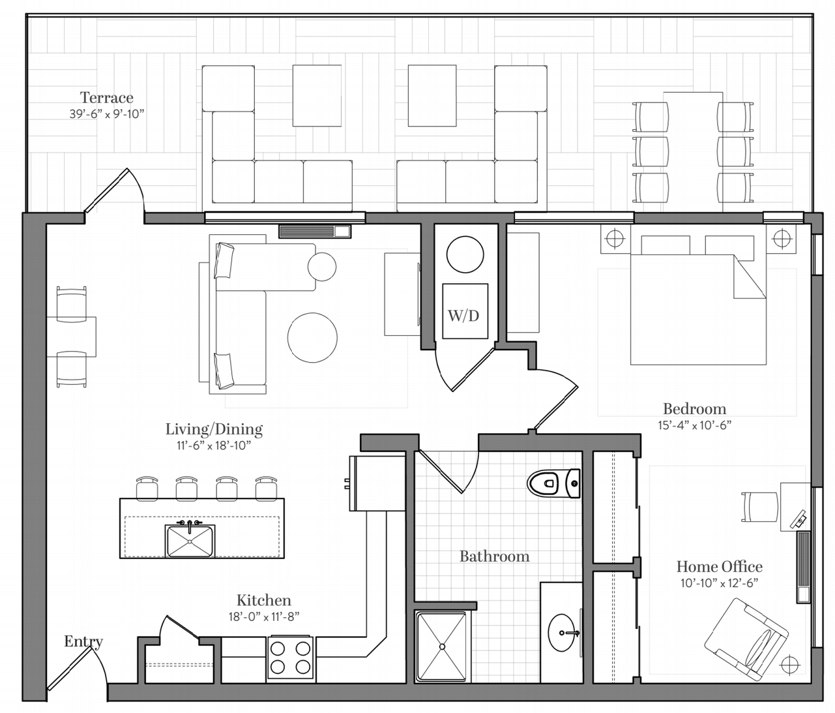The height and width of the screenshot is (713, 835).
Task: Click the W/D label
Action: [463, 316]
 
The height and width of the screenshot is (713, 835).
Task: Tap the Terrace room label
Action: [107, 97]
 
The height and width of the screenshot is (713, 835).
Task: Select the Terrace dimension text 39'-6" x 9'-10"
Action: [107, 114]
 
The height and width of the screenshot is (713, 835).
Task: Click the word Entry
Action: [83, 641]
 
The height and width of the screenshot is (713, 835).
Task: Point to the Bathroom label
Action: [495, 556]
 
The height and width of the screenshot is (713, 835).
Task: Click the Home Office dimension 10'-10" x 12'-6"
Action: [720, 583]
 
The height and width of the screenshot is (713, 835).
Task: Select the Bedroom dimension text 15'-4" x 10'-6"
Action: [694, 425]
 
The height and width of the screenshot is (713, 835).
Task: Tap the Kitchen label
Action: [264, 600]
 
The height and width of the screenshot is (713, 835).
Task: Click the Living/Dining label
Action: [214, 429]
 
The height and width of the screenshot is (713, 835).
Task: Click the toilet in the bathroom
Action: [554, 483]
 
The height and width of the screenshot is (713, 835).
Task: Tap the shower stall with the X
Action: [443, 646]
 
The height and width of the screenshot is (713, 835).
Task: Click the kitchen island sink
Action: [190, 540]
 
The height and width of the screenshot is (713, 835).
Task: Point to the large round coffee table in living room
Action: [312, 337]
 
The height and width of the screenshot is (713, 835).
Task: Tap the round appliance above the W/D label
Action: [465, 254]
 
